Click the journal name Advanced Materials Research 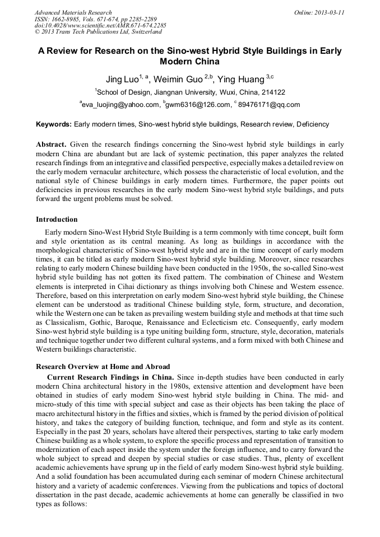[73, 12]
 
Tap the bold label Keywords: [54, 124]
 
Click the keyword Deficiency [313, 124]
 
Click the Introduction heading [57, 219]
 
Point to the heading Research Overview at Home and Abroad [103, 366]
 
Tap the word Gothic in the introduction [128, 323]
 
